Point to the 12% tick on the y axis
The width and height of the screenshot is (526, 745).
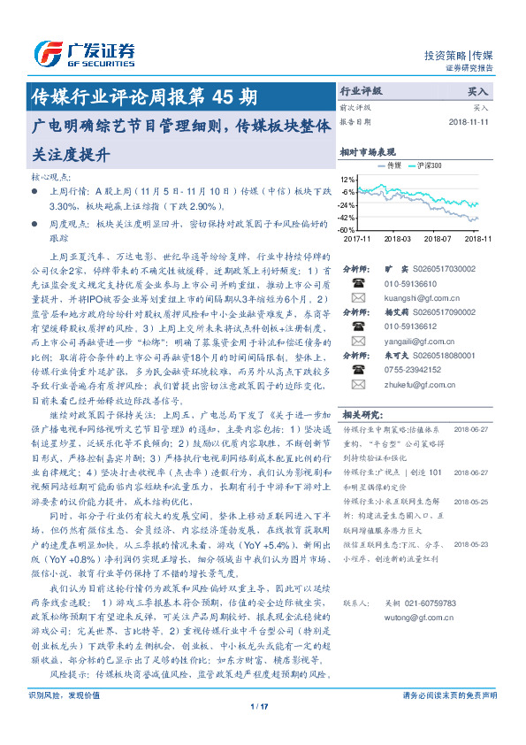(x=349, y=178)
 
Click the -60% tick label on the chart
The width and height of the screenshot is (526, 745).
(x=347, y=229)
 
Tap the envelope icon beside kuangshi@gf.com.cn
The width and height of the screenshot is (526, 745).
(x=358, y=299)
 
